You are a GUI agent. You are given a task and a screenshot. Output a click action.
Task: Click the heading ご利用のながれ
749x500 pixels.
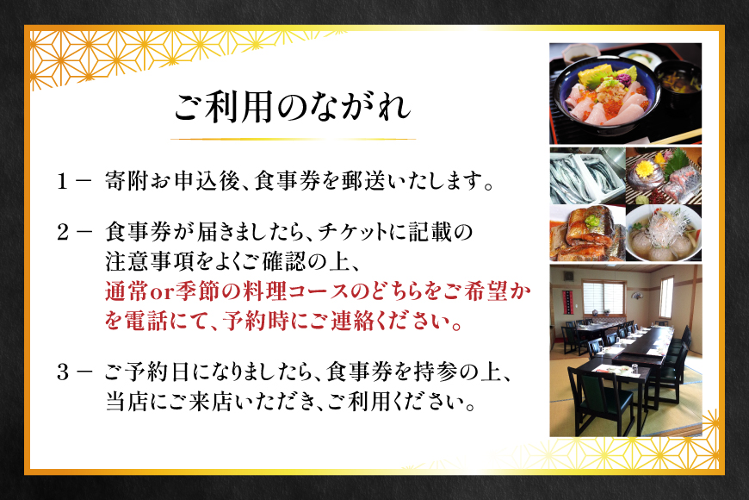293,107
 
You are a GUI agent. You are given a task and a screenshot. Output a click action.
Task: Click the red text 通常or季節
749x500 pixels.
152,291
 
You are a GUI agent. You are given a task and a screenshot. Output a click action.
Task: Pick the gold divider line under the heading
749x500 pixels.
293,139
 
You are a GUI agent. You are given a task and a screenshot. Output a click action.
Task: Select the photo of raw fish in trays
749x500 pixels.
585,177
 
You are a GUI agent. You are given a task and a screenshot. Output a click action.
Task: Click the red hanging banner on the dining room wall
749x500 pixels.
566,302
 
